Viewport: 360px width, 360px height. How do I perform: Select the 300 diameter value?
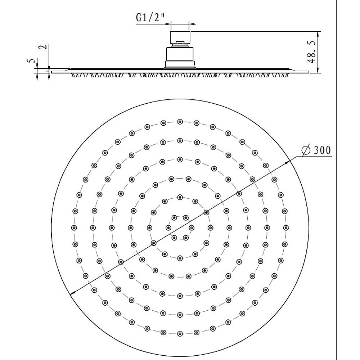coord(321,150)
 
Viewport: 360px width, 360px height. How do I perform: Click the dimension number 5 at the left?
coord(31,61)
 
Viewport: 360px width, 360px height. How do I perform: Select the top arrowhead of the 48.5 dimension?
coord(318,33)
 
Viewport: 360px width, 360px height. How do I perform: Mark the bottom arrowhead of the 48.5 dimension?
coord(318,71)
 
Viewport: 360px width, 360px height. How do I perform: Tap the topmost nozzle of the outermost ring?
coord(180,122)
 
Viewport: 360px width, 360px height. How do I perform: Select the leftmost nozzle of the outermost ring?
coord(74,228)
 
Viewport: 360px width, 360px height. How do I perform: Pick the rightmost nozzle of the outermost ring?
coord(286,228)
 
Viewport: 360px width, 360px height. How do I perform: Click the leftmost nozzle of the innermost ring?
coord(168,228)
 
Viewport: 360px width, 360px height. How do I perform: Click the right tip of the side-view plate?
coord(309,72)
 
